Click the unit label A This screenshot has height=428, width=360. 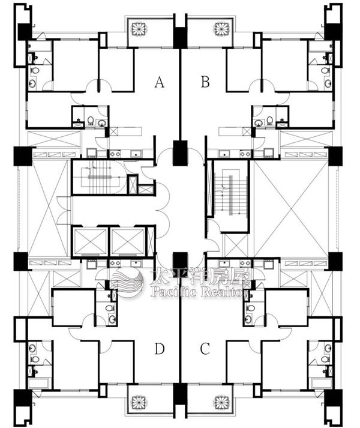(x=160, y=82)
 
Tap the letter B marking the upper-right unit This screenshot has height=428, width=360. (x=205, y=82)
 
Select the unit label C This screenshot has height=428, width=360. (x=205, y=349)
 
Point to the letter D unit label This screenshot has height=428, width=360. (x=160, y=349)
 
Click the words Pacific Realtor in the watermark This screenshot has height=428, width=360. (x=199, y=292)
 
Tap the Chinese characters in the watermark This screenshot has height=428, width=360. (x=200, y=277)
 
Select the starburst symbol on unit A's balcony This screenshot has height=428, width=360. (x=139, y=29)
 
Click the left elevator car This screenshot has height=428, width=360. (x=91, y=241)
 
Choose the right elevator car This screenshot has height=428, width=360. (x=127, y=241)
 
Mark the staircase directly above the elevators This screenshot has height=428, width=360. (x=99, y=177)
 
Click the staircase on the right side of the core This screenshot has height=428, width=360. (x=231, y=196)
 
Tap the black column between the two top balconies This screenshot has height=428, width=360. (x=181, y=38)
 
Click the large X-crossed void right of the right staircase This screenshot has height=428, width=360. (x=291, y=208)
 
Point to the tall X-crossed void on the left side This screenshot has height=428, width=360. (x=48, y=208)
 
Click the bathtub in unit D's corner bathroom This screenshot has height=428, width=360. (x=38, y=383)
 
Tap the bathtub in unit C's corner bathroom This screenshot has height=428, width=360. (x=322, y=383)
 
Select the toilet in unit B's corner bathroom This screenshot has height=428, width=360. (x=325, y=70)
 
